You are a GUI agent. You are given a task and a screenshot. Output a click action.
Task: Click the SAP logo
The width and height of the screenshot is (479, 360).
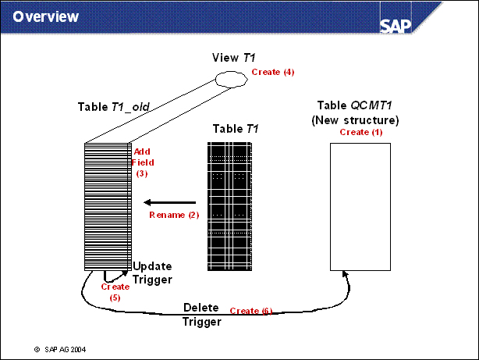[399, 23]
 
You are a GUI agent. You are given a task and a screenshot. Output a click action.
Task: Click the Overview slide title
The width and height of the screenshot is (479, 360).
[46, 16]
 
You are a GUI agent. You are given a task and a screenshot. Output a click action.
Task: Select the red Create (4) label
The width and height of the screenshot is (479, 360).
[273, 72]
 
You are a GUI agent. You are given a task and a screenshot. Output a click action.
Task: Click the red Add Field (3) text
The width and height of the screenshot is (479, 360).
[144, 162]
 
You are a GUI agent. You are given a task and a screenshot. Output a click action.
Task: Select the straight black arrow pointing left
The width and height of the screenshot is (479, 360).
[169, 202]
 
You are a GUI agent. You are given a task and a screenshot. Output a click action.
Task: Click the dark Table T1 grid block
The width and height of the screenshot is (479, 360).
[232, 206]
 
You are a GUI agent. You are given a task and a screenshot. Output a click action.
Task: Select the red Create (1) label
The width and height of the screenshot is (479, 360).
[360, 133]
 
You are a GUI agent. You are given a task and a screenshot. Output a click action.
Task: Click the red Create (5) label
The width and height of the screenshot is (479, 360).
[115, 291]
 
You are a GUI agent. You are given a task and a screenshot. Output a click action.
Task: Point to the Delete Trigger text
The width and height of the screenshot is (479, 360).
[202, 314]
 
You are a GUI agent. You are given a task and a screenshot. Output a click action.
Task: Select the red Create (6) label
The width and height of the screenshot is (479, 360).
[251, 311]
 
